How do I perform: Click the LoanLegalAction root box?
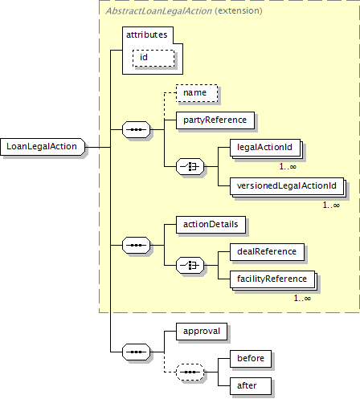[x=43, y=147]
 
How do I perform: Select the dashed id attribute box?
[x=153, y=58]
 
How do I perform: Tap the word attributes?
[x=147, y=35]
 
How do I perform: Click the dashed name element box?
[x=197, y=93]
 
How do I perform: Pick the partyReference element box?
[x=215, y=120]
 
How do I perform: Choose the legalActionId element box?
[x=265, y=148]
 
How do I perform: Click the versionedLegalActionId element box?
[x=287, y=186]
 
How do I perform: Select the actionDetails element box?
[x=211, y=225]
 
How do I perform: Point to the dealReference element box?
[x=267, y=252]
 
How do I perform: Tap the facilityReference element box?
[x=272, y=279]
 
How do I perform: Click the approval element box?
[x=202, y=332]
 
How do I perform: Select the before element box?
[x=251, y=359]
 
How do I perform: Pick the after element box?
[x=251, y=386]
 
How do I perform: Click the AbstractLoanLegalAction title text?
[x=158, y=11]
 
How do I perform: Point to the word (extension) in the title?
[x=239, y=11]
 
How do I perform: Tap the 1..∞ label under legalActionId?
[x=288, y=167]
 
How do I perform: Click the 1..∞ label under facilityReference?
[x=302, y=299]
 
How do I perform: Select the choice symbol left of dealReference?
[x=190, y=265]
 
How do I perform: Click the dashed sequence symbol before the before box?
[x=190, y=372]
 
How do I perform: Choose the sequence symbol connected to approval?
[x=136, y=352]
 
